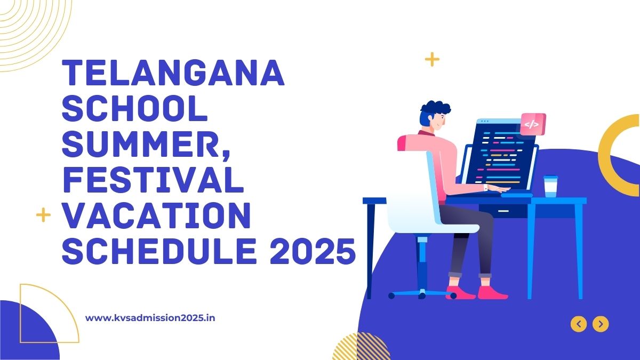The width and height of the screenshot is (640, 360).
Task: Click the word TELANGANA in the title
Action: (173, 73)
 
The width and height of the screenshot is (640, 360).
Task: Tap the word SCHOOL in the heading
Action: (134, 108)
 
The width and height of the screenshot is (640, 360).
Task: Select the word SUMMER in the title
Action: (140, 144)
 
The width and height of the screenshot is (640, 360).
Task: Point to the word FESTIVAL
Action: (153, 180)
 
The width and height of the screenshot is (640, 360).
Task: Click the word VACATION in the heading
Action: (156, 215)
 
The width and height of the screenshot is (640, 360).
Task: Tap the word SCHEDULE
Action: (159, 251)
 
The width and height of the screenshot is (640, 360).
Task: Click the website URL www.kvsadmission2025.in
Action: (150, 318)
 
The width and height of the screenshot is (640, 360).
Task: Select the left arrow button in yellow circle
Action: (579, 324)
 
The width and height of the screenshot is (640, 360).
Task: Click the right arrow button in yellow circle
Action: (601, 324)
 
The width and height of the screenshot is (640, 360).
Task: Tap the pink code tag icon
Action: (533, 124)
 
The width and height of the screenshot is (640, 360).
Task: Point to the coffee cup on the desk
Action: (550, 186)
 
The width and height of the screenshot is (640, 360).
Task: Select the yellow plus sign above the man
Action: (432, 59)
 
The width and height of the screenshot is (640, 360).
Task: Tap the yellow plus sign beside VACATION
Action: (43, 215)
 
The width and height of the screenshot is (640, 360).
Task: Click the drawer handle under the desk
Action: (503, 211)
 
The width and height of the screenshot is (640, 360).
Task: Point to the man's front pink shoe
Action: (493, 293)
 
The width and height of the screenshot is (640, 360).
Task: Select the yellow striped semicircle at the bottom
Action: (361, 346)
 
